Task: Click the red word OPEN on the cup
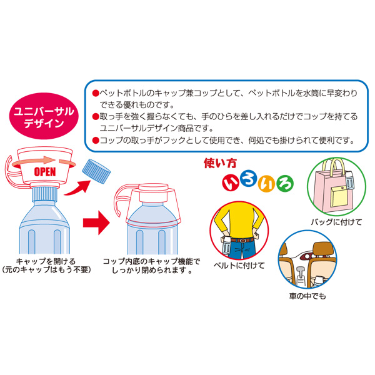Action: (45, 172)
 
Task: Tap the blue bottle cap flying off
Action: (96, 171)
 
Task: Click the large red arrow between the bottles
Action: (96, 222)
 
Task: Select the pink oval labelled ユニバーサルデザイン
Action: (44, 116)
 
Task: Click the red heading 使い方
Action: (220, 163)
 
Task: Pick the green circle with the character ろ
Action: (285, 184)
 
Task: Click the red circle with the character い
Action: (231, 182)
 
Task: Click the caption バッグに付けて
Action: (336, 222)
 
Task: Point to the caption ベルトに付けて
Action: (239, 266)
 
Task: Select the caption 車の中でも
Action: (307, 296)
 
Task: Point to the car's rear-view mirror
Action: (308, 256)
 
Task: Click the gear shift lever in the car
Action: (300, 276)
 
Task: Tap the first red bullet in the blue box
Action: (96, 93)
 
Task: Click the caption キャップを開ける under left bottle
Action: (46, 261)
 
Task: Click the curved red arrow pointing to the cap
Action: (77, 189)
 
